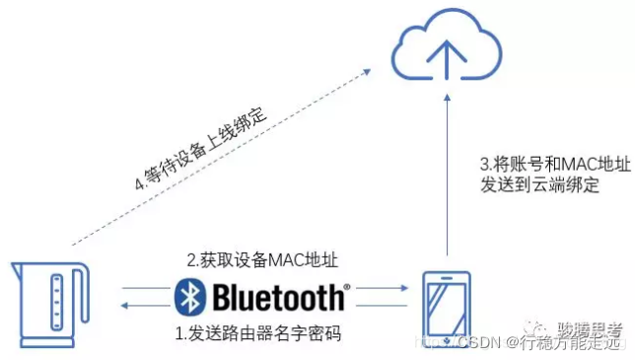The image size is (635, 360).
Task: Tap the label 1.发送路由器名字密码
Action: coord(258,333)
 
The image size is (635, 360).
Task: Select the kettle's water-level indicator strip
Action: coord(55,300)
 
